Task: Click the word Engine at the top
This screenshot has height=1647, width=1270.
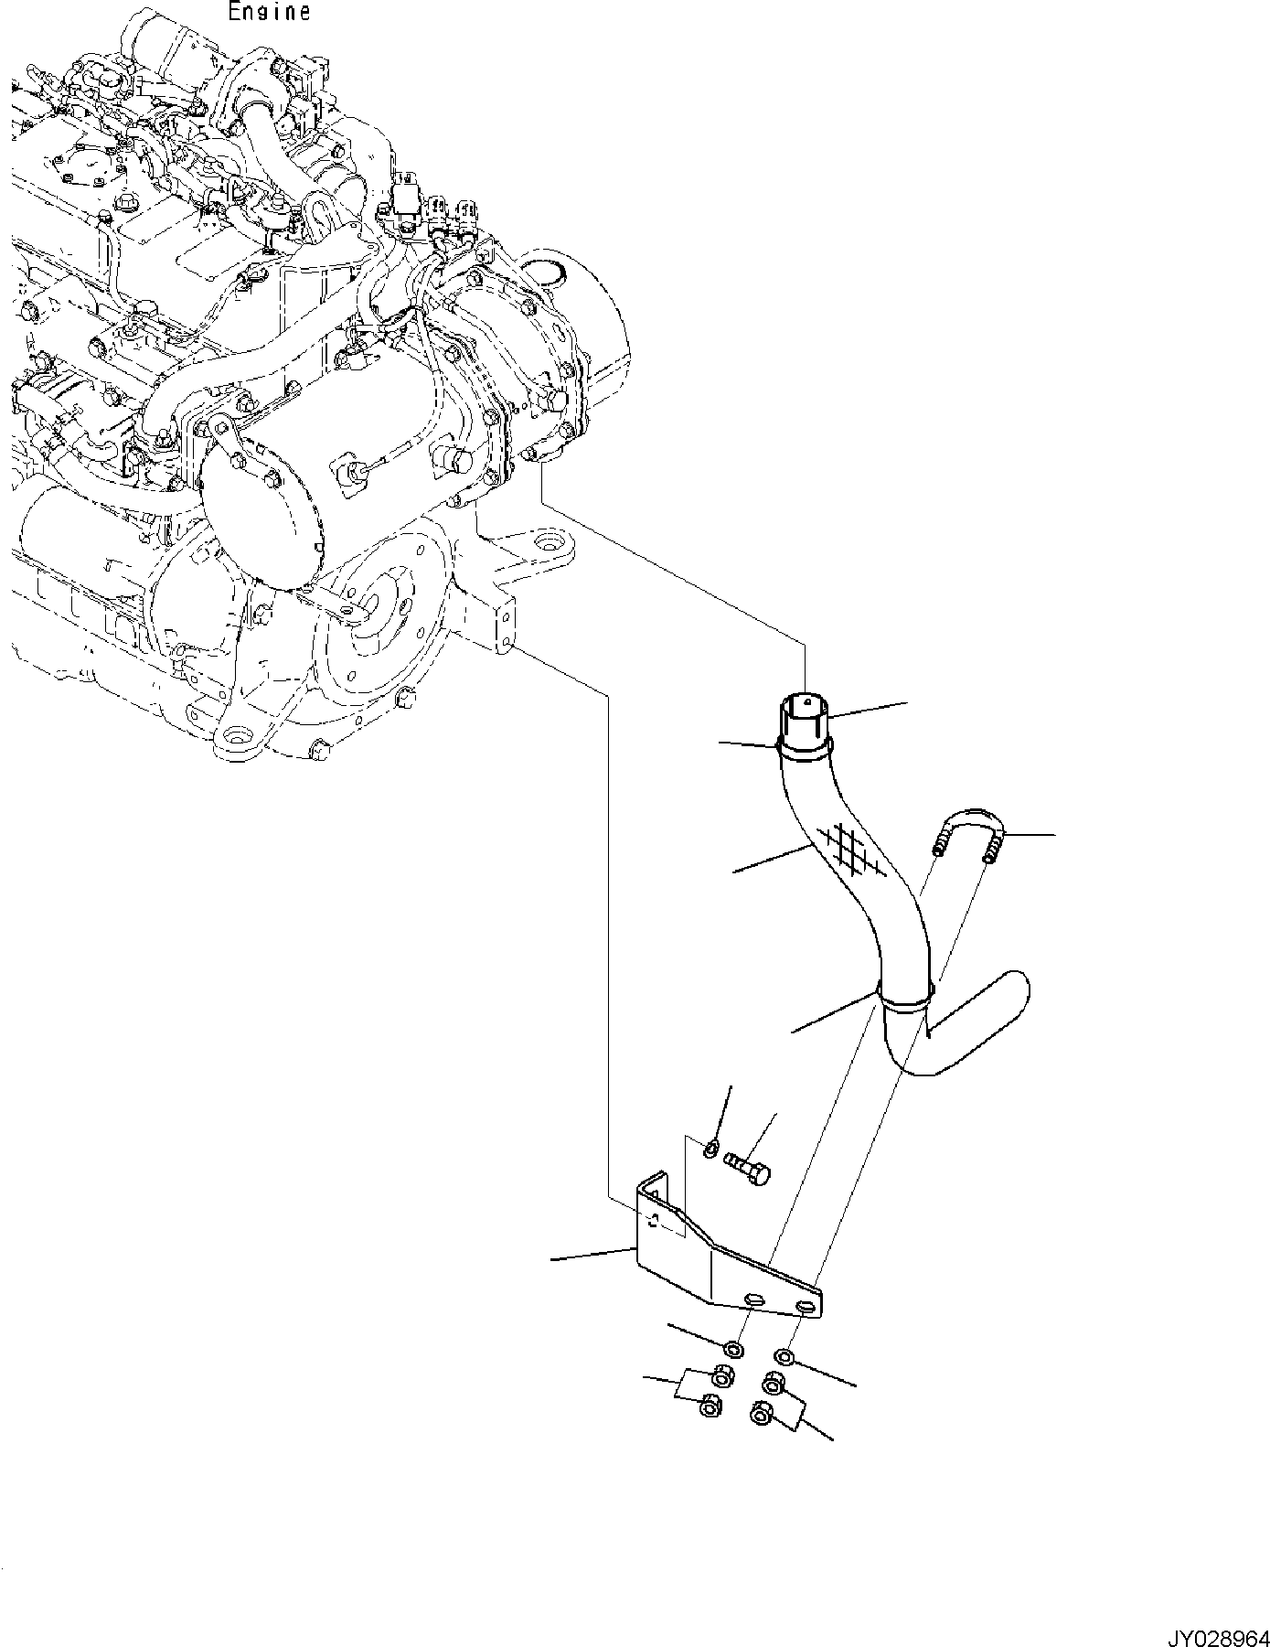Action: coord(269,12)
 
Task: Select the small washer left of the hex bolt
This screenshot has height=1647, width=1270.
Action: coord(711,1148)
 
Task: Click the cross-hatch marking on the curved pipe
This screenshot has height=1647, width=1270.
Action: coord(850,851)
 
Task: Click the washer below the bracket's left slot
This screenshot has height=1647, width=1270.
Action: coord(733,1349)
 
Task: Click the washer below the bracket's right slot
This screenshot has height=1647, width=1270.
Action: coord(784,1356)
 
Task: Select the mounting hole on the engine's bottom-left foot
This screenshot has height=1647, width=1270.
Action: coord(240,737)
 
